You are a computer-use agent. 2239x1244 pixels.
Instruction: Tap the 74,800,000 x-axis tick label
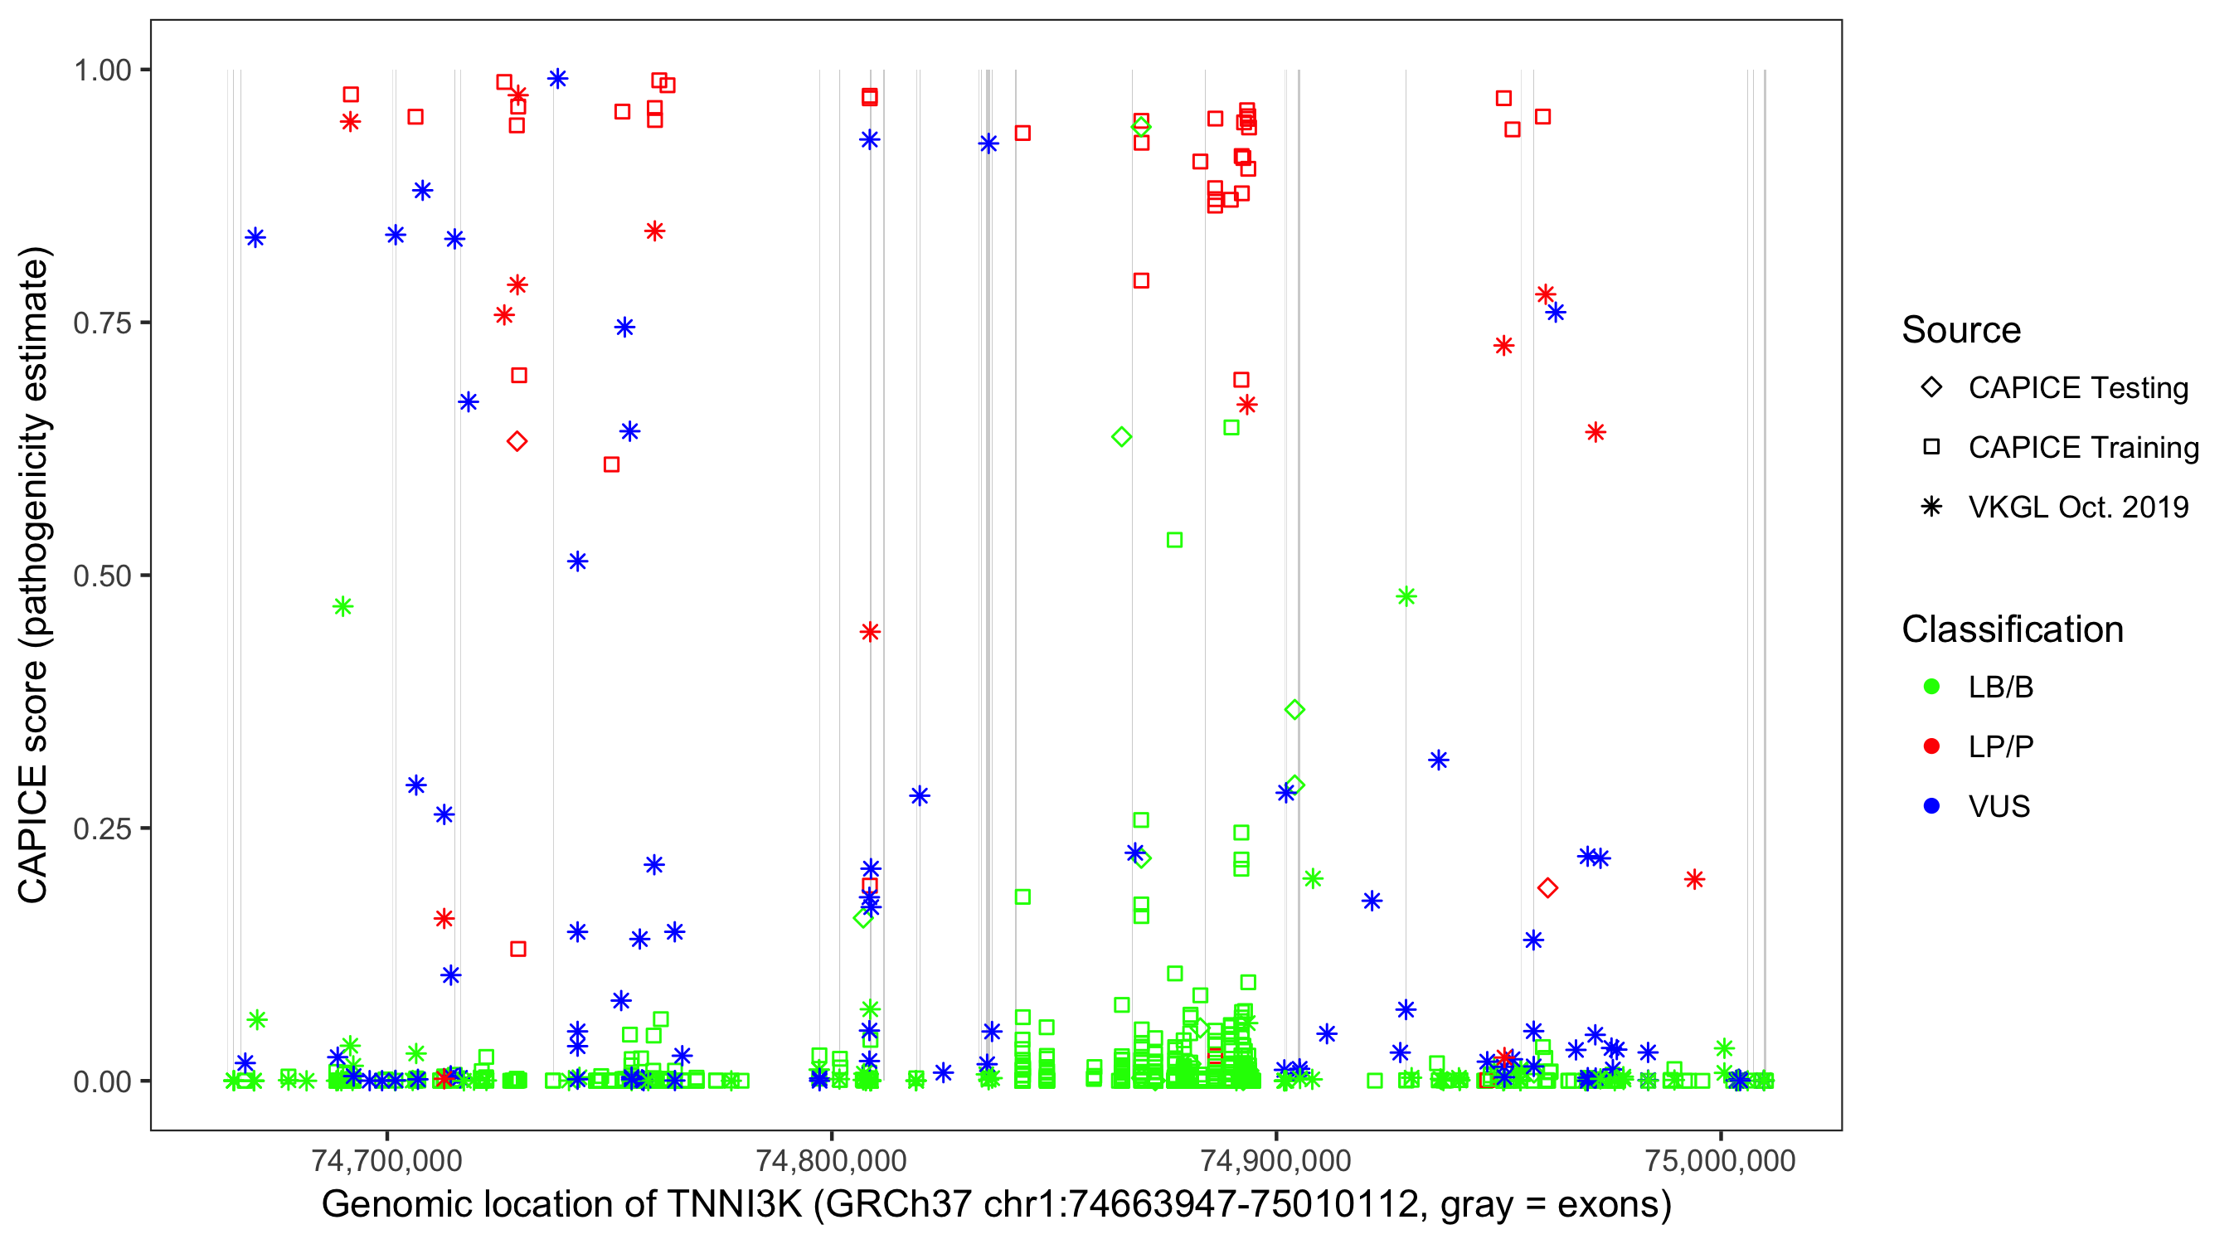click(831, 1160)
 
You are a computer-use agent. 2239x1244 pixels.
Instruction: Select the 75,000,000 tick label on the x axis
click(1720, 1160)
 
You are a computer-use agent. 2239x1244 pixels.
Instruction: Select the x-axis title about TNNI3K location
click(996, 1205)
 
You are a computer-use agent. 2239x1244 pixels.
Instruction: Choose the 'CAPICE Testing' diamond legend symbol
click(1931, 388)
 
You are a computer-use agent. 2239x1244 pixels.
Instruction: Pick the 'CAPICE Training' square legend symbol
click(1931, 448)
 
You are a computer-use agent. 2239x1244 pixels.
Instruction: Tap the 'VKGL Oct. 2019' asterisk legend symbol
click(1931, 507)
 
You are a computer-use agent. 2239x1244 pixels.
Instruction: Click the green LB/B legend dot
click(1931, 687)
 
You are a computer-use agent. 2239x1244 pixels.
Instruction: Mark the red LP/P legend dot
click(1931, 746)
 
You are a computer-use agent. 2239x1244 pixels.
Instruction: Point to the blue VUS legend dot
click(1931, 806)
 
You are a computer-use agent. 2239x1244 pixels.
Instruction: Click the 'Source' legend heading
click(1961, 330)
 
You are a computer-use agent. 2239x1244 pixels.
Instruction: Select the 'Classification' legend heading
click(2012, 629)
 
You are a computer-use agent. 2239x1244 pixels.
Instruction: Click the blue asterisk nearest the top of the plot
click(558, 79)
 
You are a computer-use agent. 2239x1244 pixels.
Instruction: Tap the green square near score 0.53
click(1174, 541)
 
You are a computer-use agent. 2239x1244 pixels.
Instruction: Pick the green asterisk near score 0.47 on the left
click(343, 607)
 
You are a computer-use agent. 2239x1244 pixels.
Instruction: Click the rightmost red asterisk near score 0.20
click(1694, 880)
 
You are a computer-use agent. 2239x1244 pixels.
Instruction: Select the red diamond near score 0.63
click(517, 441)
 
